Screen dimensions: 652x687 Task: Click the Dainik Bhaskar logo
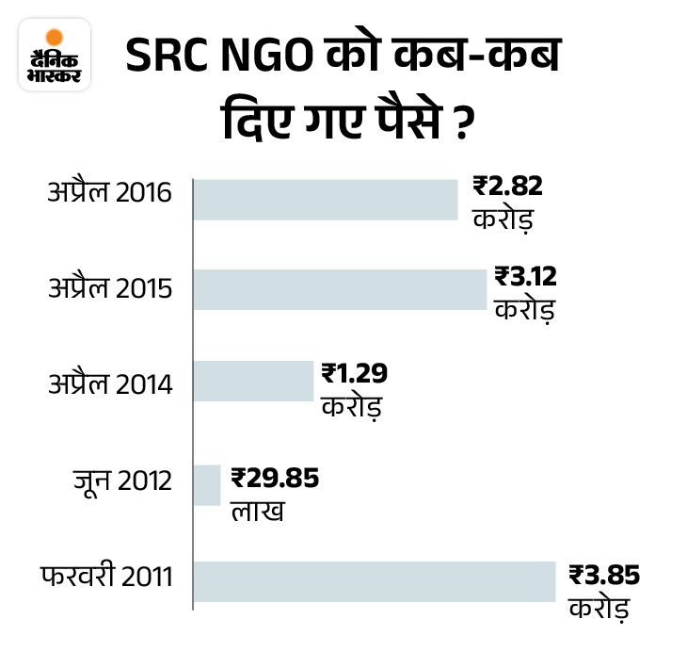click(x=54, y=55)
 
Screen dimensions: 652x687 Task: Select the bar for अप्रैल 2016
click(x=325, y=199)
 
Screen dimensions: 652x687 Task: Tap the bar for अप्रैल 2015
click(x=340, y=289)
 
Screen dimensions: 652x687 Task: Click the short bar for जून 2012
click(x=206, y=484)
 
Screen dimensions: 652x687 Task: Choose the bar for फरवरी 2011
click(x=374, y=580)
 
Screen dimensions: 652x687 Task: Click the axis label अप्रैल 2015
click(x=110, y=287)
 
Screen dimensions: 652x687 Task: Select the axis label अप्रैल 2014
click(x=110, y=384)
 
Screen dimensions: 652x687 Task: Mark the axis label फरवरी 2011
click(x=105, y=574)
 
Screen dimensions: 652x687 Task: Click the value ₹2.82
click(x=508, y=187)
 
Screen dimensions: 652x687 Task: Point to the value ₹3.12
click(x=526, y=277)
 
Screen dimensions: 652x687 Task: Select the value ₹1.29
click(x=354, y=373)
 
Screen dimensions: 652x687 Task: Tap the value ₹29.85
click(x=274, y=478)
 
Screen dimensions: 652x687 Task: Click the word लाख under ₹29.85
click(x=256, y=512)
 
